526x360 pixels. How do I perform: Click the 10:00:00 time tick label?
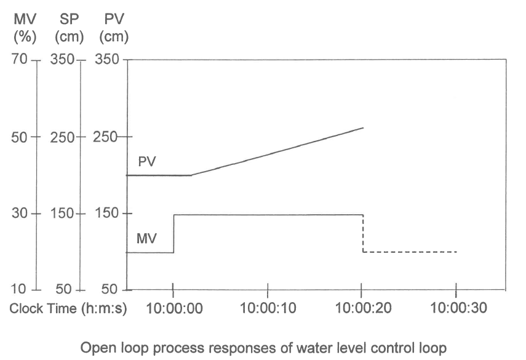point(173,308)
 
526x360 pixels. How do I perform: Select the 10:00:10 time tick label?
point(268,308)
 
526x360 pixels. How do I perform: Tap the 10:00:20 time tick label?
point(362,308)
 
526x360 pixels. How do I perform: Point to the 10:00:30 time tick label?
point(456,308)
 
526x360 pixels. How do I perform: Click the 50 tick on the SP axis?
point(64,289)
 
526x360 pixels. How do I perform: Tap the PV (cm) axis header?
point(114,28)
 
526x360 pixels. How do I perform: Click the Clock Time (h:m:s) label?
point(68,308)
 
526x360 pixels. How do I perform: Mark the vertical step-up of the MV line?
point(173,233)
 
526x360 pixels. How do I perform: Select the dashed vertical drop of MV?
point(363,233)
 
